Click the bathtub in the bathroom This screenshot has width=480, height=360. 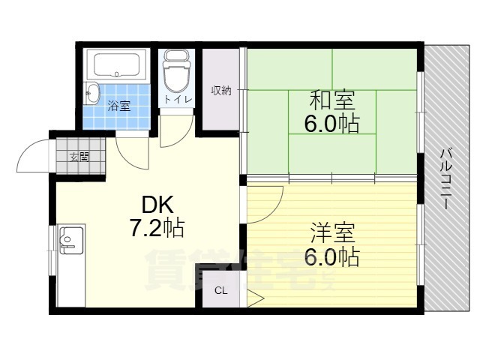(x=116, y=65)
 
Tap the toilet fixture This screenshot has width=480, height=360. (x=177, y=70)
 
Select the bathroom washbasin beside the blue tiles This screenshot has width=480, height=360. (x=91, y=93)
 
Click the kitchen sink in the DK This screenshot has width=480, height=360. (x=71, y=240)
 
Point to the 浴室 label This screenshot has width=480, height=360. (x=120, y=106)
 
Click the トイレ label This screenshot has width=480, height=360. (x=178, y=100)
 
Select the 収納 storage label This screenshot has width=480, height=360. (x=221, y=91)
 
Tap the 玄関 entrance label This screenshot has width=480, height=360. (x=79, y=157)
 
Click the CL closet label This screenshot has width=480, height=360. (x=221, y=290)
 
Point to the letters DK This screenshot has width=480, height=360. (x=157, y=205)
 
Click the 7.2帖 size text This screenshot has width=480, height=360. (x=157, y=228)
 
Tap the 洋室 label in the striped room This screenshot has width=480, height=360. (x=332, y=232)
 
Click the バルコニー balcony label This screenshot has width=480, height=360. (x=447, y=178)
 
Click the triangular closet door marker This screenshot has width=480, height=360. (x=255, y=298)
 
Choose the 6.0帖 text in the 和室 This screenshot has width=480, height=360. (x=331, y=124)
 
